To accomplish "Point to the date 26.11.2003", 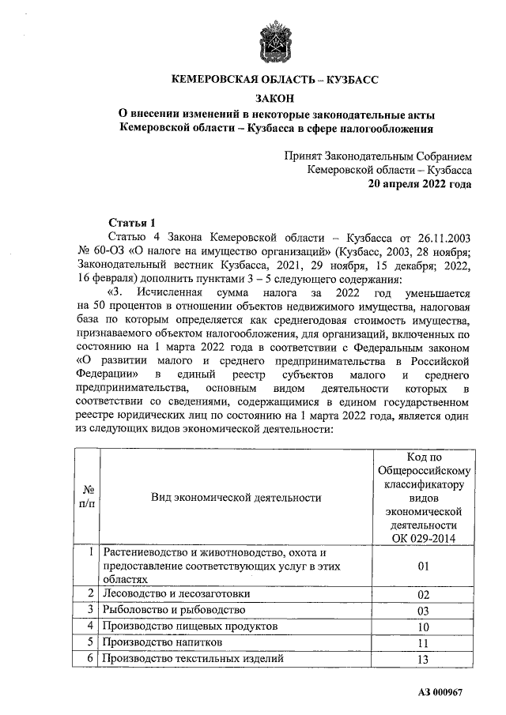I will (445, 237).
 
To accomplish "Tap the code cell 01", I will (422, 566).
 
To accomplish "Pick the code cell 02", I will (422, 593).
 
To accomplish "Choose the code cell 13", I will (422, 659).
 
